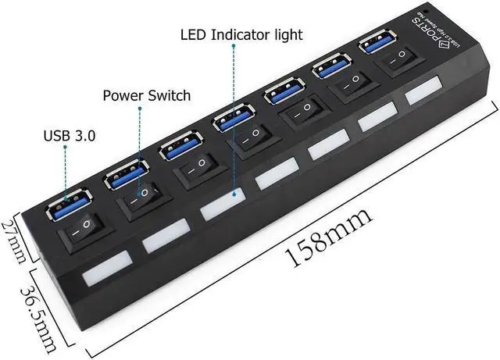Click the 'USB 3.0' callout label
tap(70, 135)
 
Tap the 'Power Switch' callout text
tap(147, 95)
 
